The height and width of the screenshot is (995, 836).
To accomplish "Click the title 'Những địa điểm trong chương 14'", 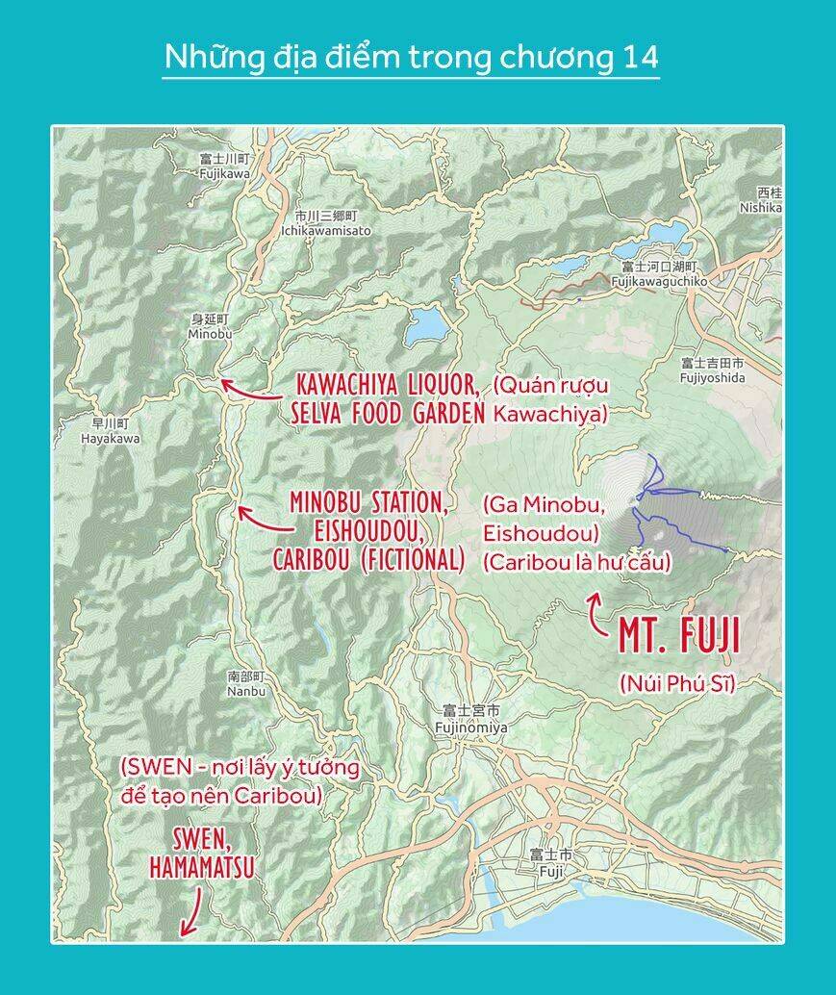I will pyautogui.click(x=411, y=57).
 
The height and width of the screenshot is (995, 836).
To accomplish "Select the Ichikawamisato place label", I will pyautogui.click(x=325, y=223).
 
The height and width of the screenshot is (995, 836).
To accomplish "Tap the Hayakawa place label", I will pyautogui.click(x=110, y=430).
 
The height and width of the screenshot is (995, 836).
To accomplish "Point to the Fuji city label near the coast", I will pyautogui.click(x=550, y=863).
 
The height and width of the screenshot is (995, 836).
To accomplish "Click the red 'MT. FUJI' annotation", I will pyautogui.click(x=678, y=636).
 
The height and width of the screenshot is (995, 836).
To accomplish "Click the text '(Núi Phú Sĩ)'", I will pyautogui.click(x=677, y=683).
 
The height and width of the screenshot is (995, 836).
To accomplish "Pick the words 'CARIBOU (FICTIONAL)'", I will pyautogui.click(x=368, y=560).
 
